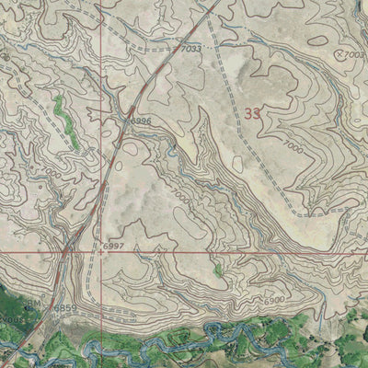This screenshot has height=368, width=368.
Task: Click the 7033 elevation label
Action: pyautogui.click(x=191, y=48)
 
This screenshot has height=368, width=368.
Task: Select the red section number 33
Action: pyautogui.click(x=255, y=114)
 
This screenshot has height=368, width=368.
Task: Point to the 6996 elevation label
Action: pyautogui.click(x=140, y=121)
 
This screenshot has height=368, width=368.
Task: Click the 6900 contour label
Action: pyautogui.click(x=273, y=301)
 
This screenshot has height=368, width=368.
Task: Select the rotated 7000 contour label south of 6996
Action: pyautogui.click(x=180, y=195)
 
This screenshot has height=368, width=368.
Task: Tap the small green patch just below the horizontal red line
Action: pyautogui.click(x=217, y=270)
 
